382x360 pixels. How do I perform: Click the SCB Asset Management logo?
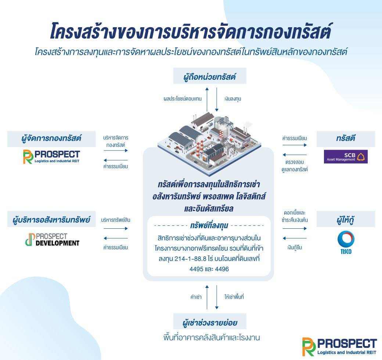click(x=346, y=157)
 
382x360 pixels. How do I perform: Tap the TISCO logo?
click(x=346, y=242)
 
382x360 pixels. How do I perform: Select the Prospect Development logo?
click(x=53, y=239)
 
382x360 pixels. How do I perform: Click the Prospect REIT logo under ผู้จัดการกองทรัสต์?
click(x=51, y=157)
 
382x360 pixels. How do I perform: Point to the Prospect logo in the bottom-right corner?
click(x=339, y=347)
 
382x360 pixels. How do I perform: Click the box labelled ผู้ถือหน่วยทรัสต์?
click(x=210, y=76)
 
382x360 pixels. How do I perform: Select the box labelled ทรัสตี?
click(x=346, y=139)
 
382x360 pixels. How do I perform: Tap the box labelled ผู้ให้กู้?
click(x=346, y=219)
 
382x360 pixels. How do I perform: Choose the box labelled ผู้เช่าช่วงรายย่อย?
click(x=210, y=321)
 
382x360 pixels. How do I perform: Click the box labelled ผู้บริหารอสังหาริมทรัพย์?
click(x=51, y=219)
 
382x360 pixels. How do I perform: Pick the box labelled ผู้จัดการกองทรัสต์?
click(x=51, y=139)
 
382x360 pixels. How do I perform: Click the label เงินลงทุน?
click(x=233, y=99)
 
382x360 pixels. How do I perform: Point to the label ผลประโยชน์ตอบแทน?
click(x=183, y=99)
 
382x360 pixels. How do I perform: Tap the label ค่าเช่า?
click(x=196, y=297)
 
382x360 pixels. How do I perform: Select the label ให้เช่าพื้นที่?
click(x=234, y=297)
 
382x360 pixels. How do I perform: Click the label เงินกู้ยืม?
click(x=295, y=247)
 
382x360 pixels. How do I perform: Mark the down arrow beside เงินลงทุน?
click(x=217, y=100)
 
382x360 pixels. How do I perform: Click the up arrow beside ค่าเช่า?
click(x=207, y=297)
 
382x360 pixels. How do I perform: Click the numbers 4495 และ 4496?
click(x=209, y=269)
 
